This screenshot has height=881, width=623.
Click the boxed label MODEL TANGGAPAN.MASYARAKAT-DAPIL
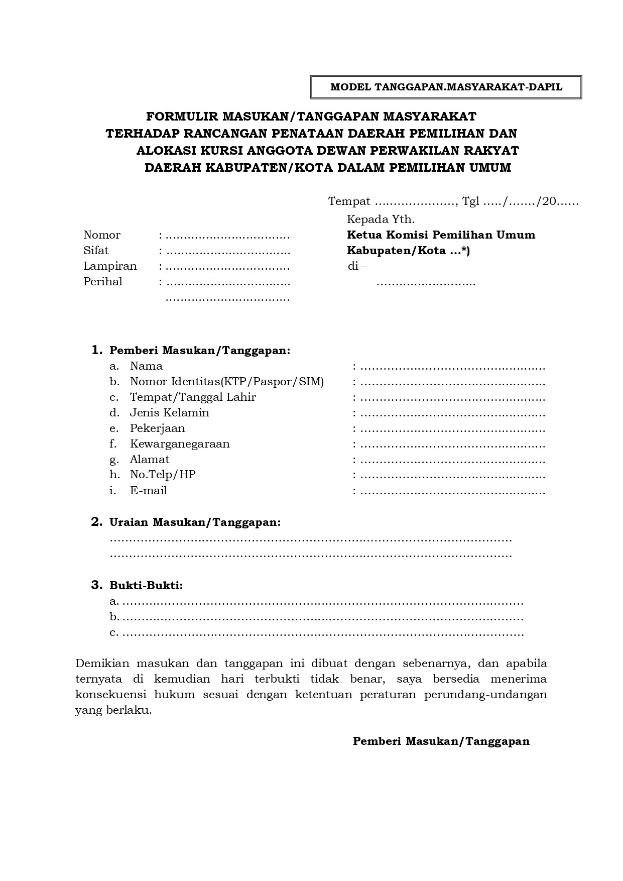[x=446, y=87]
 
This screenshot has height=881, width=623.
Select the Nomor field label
[x=102, y=235]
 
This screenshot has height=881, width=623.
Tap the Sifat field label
[x=96, y=251]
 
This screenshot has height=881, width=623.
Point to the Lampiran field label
[x=110, y=266]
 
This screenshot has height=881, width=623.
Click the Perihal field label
[x=103, y=282]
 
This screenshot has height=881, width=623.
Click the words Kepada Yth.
[x=381, y=219]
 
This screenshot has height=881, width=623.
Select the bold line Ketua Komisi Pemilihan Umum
[x=441, y=235]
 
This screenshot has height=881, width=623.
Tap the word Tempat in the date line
[x=349, y=202]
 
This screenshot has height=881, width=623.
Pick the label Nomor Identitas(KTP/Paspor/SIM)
[x=227, y=382]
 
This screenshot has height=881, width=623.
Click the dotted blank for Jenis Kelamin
[x=452, y=414]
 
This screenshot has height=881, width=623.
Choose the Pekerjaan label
[x=158, y=428]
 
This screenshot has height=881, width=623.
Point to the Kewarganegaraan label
[x=180, y=444]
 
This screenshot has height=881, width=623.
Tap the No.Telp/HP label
[x=163, y=475]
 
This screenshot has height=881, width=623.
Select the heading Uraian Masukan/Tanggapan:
[x=195, y=522]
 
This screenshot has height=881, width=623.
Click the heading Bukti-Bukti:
[x=146, y=586]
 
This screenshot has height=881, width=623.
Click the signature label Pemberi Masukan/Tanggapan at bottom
[x=441, y=741]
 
